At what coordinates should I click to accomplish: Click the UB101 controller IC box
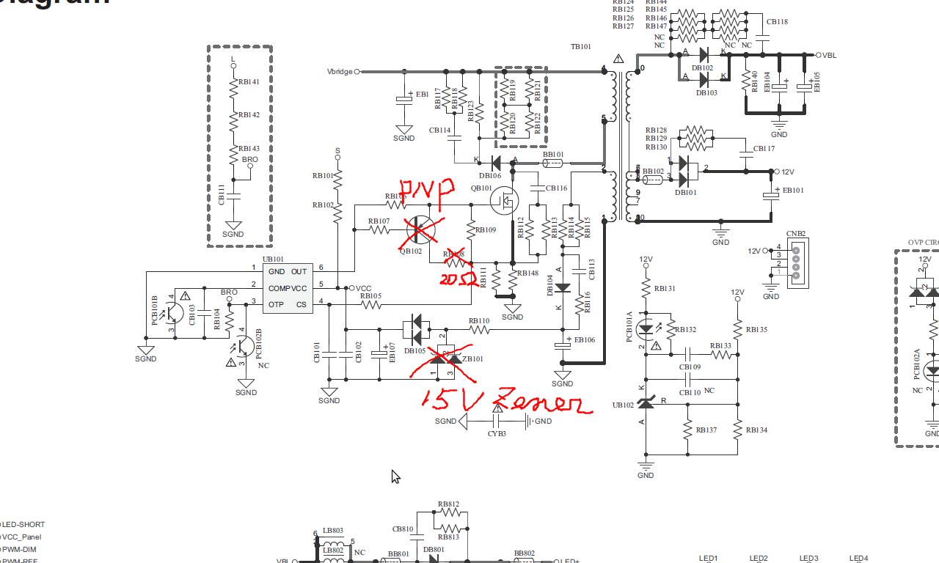pyautogui.click(x=288, y=288)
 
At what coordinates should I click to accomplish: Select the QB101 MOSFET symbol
pyautogui.click(x=504, y=199)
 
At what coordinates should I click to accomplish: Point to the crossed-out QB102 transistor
pyautogui.click(x=420, y=230)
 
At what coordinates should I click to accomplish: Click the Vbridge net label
pyautogui.click(x=340, y=72)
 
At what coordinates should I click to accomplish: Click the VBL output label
pyautogui.click(x=829, y=56)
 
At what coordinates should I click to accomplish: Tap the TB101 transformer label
pyautogui.click(x=580, y=47)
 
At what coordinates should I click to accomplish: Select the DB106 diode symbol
pyautogui.click(x=496, y=162)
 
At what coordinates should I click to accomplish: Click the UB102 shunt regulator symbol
pyautogui.click(x=646, y=402)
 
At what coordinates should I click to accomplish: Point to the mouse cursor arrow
pyautogui.click(x=395, y=476)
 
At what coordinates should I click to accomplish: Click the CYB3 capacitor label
pyautogui.click(x=497, y=434)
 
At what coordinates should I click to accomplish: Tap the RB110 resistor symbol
pyautogui.click(x=479, y=330)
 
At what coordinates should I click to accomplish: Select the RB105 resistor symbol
pyautogui.click(x=372, y=304)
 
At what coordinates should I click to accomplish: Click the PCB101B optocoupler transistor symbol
pyautogui.click(x=173, y=312)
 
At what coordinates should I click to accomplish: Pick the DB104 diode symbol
pyautogui.click(x=563, y=288)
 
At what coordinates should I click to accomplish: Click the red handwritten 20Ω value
pyautogui.click(x=455, y=279)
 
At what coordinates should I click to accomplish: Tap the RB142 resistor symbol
pyautogui.click(x=234, y=122)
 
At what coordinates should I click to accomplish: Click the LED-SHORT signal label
pyautogui.click(x=24, y=525)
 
